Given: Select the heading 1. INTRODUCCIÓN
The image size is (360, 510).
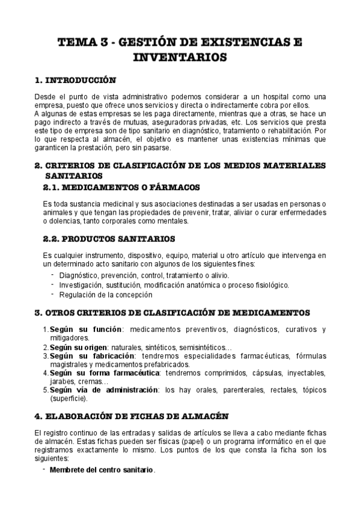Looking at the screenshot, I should click(75, 80).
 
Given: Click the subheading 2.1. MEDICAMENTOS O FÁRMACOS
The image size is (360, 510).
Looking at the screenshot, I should click(121, 188).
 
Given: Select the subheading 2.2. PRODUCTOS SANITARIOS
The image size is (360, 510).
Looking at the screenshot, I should click(109, 239).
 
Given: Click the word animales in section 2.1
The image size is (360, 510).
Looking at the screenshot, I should click(57, 212).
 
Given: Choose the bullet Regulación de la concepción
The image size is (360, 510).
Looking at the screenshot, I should click(106, 295).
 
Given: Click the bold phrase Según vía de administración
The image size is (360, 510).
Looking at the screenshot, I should click(103, 390).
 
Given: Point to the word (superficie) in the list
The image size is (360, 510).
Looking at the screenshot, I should click(69, 398).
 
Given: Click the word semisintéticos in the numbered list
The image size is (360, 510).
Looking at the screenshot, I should click(195, 347).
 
